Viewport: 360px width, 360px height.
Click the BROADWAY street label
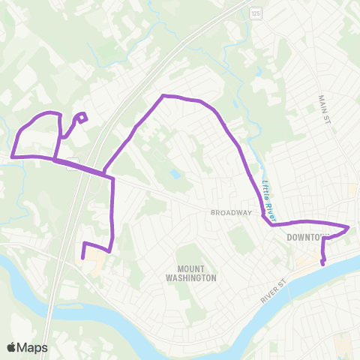coord(230,212)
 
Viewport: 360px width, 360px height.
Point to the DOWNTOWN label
coord(308,238)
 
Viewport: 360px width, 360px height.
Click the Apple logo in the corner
coord(12,347)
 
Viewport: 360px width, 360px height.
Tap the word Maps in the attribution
coord(33,347)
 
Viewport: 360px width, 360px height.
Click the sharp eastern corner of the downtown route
coord(349,226)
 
